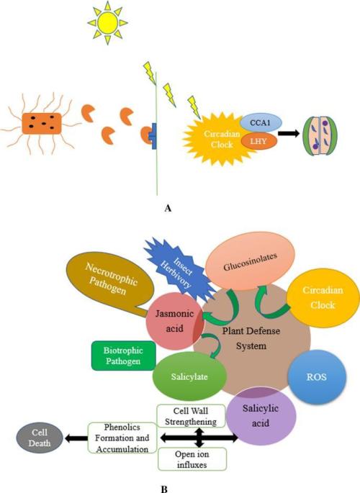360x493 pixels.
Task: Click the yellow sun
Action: (x=107, y=22)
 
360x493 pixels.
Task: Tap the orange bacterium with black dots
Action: (x=42, y=124)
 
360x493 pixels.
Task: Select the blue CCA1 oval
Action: (x=261, y=122)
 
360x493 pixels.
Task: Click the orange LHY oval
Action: (x=258, y=141)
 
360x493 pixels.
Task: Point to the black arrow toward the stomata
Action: (x=289, y=133)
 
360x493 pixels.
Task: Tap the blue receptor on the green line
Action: (x=153, y=136)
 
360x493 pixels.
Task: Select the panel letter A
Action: (x=168, y=208)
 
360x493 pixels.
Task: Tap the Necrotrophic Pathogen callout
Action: (x=111, y=280)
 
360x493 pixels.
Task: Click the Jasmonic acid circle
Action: (x=175, y=321)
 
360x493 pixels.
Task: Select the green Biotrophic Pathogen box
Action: (x=124, y=356)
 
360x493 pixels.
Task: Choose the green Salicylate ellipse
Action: (x=189, y=376)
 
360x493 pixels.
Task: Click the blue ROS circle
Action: (x=317, y=376)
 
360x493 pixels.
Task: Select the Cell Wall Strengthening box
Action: (x=192, y=416)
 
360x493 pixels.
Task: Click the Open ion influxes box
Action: (x=192, y=459)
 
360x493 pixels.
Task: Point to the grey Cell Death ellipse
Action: (x=40, y=438)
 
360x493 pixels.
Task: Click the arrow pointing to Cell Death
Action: (x=76, y=438)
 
